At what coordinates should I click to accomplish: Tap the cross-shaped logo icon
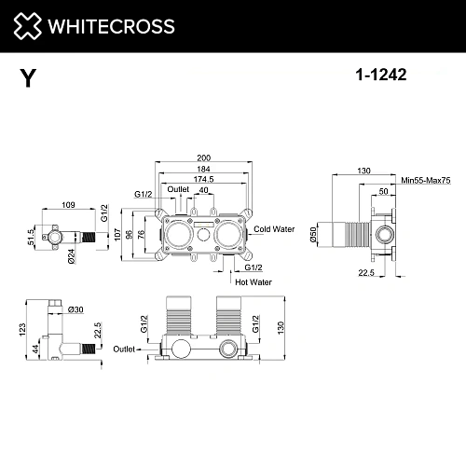30,28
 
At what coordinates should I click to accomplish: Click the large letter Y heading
29,80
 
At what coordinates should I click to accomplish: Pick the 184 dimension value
204,170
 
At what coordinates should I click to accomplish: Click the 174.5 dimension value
204,179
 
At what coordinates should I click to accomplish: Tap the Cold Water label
274,228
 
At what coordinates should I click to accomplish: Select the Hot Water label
253,281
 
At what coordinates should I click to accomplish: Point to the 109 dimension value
68,204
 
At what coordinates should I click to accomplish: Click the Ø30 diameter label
75,309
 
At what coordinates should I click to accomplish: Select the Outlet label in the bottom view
124,349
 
